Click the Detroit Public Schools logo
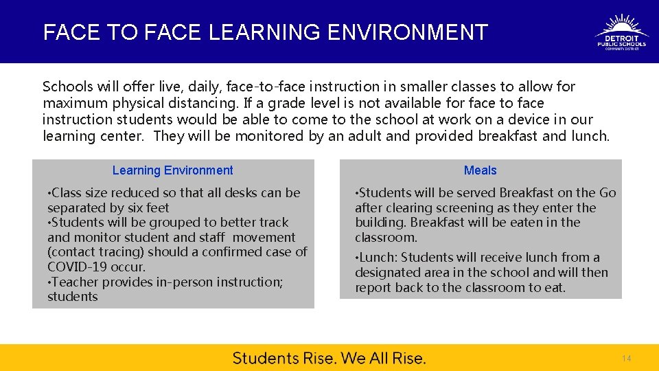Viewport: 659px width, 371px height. click(621, 32)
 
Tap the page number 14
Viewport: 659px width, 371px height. click(626, 359)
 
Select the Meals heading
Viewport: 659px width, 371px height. click(480, 170)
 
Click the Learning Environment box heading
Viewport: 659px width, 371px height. click(172, 170)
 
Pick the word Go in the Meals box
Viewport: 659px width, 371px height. click(608, 193)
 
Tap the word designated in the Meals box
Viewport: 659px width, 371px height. click(386, 273)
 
